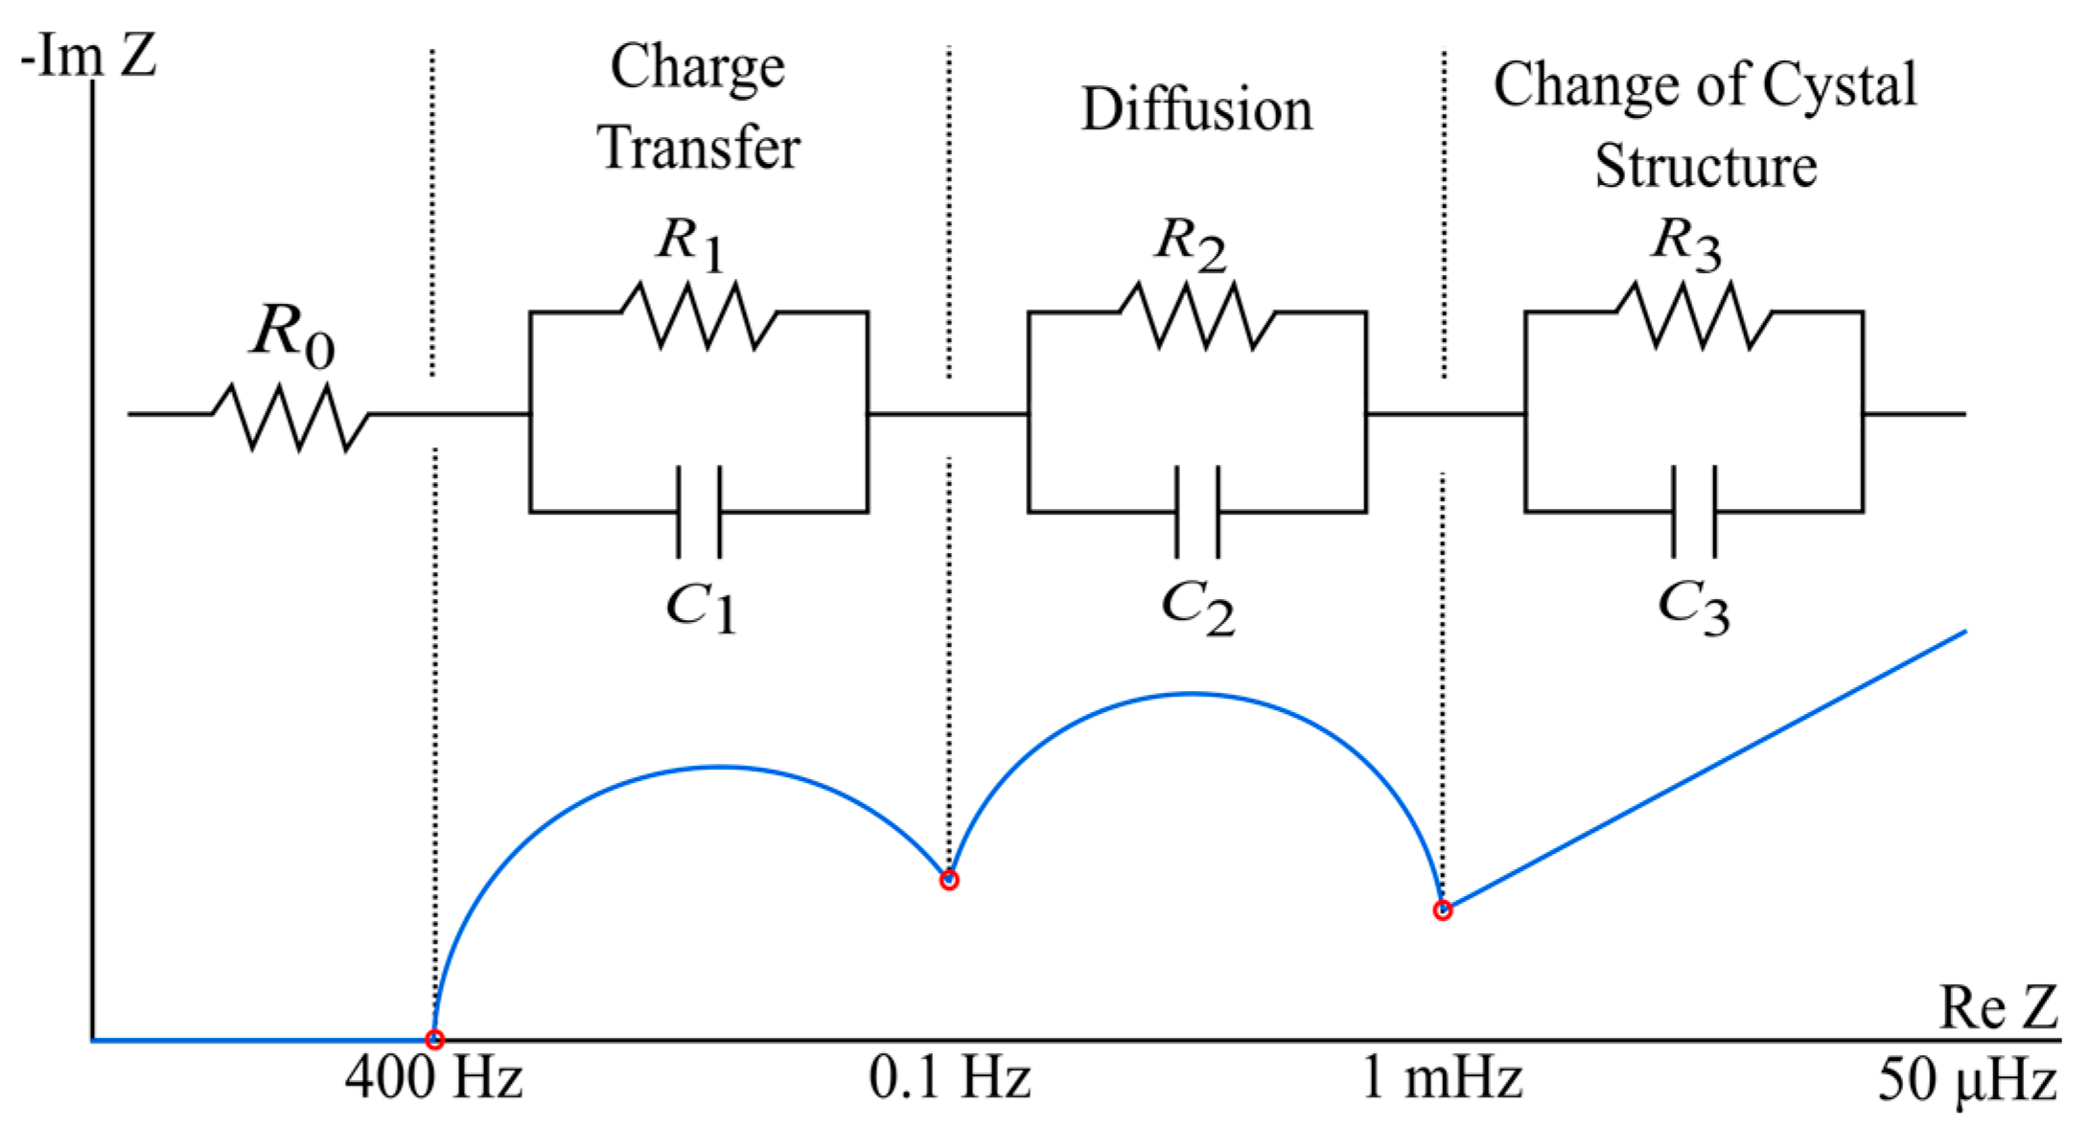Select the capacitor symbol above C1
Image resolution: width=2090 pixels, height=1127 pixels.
pos(699,512)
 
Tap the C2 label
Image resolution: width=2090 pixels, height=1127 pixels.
pos(1197,609)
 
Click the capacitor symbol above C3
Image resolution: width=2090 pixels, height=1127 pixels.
pos(1694,512)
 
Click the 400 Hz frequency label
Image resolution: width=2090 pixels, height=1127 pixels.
pos(433,1078)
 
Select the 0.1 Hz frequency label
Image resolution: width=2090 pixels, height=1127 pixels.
pos(949,1078)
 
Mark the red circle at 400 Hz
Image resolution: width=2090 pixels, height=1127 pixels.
pos(434,1039)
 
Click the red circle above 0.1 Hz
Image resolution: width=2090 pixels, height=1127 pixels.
pos(948,880)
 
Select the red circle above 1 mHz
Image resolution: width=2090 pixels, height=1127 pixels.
pos(1442,910)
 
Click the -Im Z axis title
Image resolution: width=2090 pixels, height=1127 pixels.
pos(88,56)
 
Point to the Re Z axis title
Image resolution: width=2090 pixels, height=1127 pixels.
pos(1998,1008)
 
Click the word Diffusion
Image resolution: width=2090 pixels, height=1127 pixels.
pos(1196,109)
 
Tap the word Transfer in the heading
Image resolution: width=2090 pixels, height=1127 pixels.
pos(699,149)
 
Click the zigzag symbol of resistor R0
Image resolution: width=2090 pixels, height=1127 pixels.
pos(290,416)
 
